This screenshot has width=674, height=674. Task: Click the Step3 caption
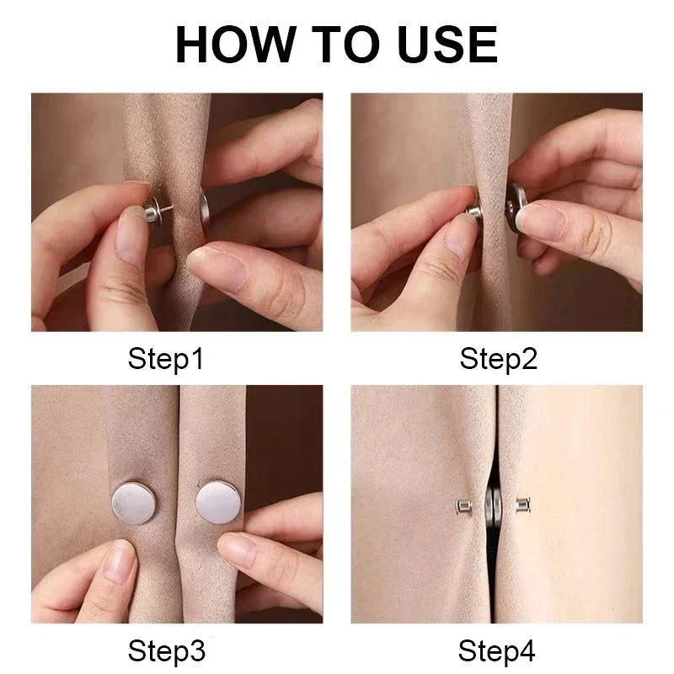click(x=166, y=650)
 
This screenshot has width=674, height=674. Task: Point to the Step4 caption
click(x=498, y=650)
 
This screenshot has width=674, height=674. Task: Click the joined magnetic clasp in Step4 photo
click(x=493, y=506)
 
